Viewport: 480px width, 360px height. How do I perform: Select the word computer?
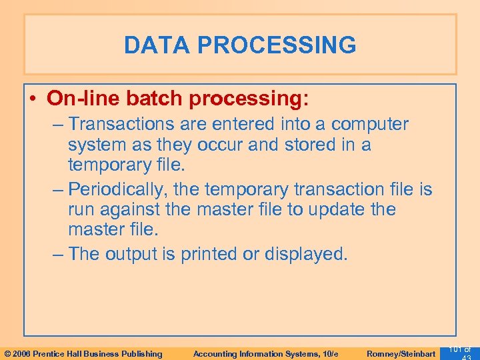tap(370, 124)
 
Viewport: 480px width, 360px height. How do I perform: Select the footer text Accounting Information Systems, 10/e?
tap(265, 353)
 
